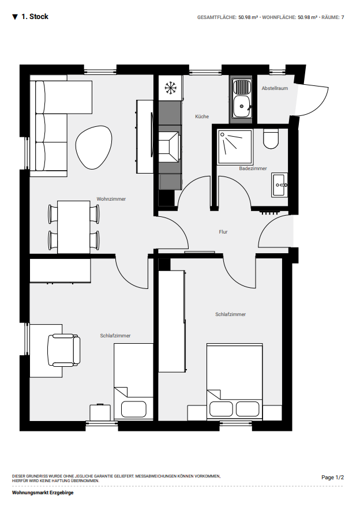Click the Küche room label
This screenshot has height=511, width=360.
click(x=202, y=117)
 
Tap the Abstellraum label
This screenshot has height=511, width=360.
click(x=275, y=88)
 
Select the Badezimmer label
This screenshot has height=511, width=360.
click(x=253, y=168)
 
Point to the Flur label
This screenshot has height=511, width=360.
click(x=223, y=232)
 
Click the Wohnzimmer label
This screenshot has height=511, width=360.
click(x=111, y=199)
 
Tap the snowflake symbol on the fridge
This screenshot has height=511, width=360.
click(x=170, y=88)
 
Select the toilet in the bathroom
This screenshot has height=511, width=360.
click(x=271, y=138)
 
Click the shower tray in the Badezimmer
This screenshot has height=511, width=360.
click(x=235, y=146)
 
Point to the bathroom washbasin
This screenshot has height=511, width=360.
click(x=280, y=185)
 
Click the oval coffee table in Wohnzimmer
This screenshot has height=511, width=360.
click(x=94, y=147)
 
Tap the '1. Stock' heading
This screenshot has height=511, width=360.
click(x=34, y=17)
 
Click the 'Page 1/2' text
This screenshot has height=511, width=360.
click(x=332, y=478)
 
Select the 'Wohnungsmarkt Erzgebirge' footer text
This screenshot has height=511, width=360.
click(x=43, y=493)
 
